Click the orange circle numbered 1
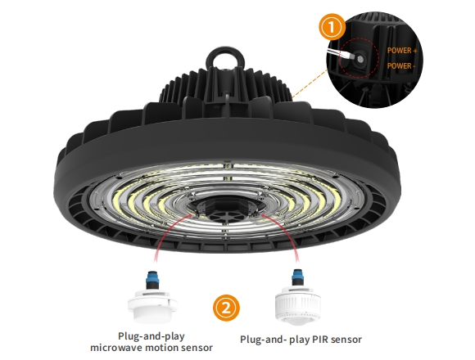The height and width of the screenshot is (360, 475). pos(332,27)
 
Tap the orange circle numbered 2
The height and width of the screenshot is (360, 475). pos(226,308)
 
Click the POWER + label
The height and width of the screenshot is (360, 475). pos(402,51)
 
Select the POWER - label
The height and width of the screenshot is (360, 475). pos(400,65)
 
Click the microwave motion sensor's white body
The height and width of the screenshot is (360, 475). pos(152,306)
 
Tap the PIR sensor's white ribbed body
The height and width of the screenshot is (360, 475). pos(298,302)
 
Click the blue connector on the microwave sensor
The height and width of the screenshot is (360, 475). pos(152,277)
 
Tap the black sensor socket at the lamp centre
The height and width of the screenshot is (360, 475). pos(226,209)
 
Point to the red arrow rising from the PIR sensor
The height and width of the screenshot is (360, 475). pos(287,231)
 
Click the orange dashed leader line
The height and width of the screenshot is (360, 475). pos(310,84)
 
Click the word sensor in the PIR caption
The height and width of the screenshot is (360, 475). pos(346,340)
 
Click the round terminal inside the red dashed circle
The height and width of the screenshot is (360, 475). pos(360,58)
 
